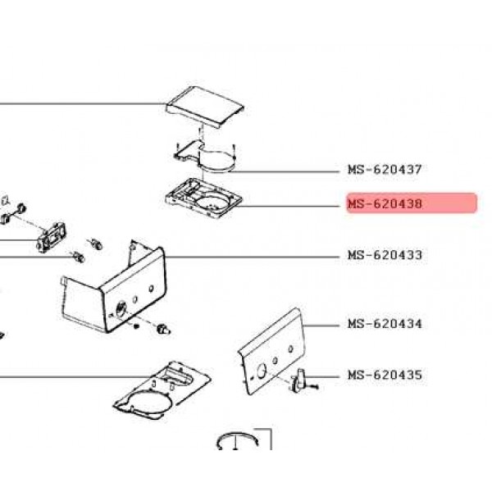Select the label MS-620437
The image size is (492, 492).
pos(385,170)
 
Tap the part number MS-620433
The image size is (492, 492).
pos(385,255)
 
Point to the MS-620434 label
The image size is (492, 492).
pos(385,324)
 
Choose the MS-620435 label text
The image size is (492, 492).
pos(385,375)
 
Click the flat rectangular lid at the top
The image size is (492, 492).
pos(205,107)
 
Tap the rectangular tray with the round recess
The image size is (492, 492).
pos(201,198)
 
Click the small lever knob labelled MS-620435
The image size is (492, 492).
pos(300,379)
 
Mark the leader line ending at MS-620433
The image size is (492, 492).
pos(254,256)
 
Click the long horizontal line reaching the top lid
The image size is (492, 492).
pos(82,104)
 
